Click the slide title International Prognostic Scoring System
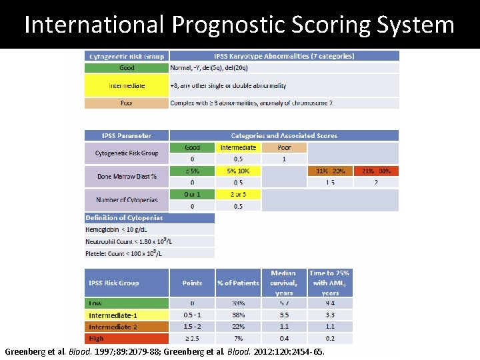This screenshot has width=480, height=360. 239,25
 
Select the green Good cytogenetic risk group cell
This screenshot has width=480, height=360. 127,67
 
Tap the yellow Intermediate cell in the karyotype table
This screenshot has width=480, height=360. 127,85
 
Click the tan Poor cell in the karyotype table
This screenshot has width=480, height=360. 127,103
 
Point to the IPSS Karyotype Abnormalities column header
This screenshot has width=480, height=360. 284,56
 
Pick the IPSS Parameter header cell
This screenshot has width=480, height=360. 127,135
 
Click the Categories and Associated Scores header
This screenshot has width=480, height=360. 284,135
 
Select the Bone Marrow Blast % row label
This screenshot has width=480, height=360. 127,176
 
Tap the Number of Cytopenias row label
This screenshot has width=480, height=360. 127,200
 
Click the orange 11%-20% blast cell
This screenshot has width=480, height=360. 330,171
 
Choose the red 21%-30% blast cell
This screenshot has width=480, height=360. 376,171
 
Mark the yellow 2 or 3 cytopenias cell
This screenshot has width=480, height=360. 238,194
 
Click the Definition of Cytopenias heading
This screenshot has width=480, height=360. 125,218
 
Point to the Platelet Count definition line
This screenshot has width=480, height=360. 125,253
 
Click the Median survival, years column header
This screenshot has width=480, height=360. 284,283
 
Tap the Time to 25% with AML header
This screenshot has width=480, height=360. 330,283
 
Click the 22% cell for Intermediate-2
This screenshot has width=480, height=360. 238,327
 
